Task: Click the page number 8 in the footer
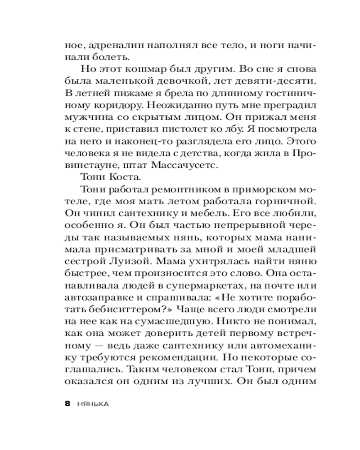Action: (67, 403)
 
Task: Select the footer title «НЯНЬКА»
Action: (93, 404)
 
